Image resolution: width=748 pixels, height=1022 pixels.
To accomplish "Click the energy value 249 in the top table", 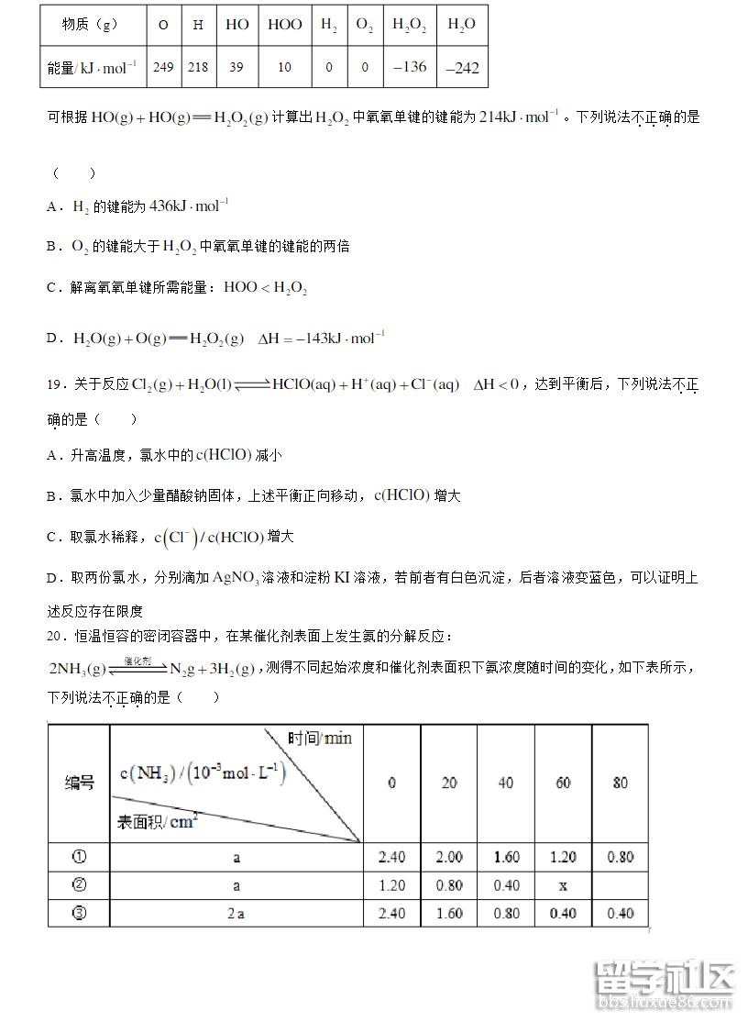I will pyautogui.click(x=163, y=67).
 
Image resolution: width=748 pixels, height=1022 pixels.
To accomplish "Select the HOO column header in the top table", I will pyautogui.click(x=284, y=25).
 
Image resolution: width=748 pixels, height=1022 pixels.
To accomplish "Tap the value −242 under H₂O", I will pyautogui.click(x=462, y=67).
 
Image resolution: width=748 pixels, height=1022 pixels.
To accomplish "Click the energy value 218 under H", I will pyautogui.click(x=198, y=67).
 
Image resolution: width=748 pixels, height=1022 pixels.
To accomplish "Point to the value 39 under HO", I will pyautogui.click(x=236, y=67).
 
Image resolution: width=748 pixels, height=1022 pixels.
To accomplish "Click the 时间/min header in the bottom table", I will pyautogui.click(x=320, y=739).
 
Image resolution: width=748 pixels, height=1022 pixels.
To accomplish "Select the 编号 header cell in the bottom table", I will pyautogui.click(x=79, y=783).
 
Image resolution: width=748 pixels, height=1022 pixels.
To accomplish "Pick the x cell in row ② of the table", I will pyautogui.click(x=563, y=885).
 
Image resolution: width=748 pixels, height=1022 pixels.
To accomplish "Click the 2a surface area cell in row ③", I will pyautogui.click(x=236, y=914).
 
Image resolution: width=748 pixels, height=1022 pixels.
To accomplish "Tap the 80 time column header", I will pyautogui.click(x=620, y=783).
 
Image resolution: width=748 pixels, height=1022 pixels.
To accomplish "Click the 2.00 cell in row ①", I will pyautogui.click(x=449, y=857).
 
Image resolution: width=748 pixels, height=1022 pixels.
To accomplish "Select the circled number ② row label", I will pyautogui.click(x=79, y=885).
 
